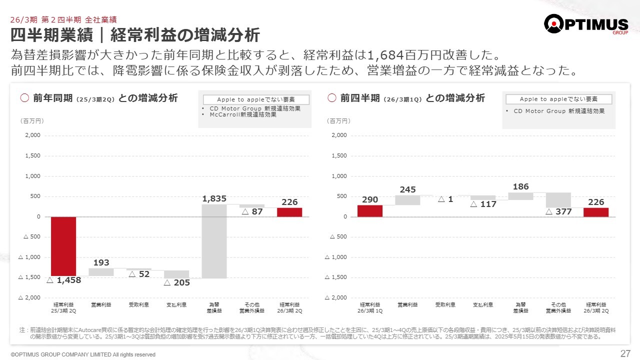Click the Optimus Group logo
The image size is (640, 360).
[585, 24]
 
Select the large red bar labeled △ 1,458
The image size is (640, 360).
[63, 246]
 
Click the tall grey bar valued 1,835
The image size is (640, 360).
[214, 241]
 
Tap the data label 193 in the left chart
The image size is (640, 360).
[101, 262]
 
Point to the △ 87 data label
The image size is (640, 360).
[252, 212]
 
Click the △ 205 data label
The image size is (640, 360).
[177, 282]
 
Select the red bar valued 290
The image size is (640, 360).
[370, 211]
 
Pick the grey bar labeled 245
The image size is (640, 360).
[407, 200]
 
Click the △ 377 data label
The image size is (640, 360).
[558, 212]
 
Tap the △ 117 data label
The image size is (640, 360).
[483, 204]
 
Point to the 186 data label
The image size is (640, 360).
[520, 187]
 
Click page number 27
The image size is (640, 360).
[625, 353]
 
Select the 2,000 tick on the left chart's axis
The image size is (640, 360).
[32, 135]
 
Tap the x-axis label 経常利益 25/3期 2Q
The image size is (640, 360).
[63, 307]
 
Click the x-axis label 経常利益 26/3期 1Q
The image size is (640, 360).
[370, 307]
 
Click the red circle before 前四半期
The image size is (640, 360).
[332, 98]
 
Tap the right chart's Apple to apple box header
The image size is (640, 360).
[558, 99]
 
